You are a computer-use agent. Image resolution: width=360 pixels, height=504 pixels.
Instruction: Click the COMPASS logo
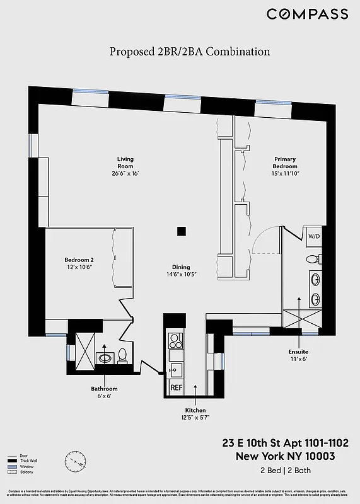click(306, 14)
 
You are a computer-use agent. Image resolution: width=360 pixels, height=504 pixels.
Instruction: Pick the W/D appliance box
click(313, 236)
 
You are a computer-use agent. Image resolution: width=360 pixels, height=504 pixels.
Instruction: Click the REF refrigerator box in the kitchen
click(177, 387)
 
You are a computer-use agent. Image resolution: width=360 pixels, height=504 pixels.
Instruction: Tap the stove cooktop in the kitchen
click(175, 340)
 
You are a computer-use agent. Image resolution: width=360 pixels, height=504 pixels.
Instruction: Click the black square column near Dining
click(182, 231)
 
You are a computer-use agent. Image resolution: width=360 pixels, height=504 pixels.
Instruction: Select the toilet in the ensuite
click(311, 259)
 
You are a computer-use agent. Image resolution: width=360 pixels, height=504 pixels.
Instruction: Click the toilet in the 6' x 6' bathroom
click(123, 356)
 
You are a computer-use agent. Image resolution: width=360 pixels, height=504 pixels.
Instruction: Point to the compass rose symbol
click(74, 462)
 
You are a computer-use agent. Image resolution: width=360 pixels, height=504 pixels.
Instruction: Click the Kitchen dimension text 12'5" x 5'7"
click(195, 416)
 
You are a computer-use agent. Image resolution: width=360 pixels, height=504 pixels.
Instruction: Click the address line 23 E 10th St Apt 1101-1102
click(284, 444)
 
